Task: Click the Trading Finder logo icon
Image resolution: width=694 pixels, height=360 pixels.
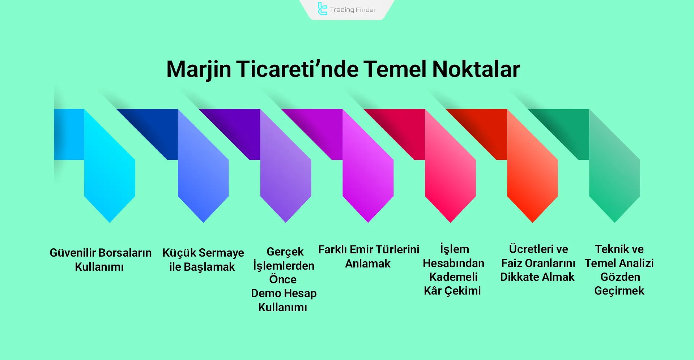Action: click(x=322, y=9)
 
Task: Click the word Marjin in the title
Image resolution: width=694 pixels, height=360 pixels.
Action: click(x=199, y=69)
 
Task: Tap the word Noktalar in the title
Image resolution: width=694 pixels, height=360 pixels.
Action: click(x=476, y=69)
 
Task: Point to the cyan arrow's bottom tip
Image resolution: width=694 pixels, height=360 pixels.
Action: click(x=110, y=221)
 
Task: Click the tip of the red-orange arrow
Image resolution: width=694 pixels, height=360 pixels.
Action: click(x=532, y=221)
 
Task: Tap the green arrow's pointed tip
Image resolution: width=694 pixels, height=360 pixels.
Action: click(x=614, y=221)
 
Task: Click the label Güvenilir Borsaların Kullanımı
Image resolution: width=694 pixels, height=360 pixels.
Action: click(x=100, y=260)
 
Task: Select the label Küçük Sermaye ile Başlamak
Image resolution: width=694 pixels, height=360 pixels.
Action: click(x=203, y=260)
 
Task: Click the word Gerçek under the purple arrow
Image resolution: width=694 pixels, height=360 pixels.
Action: click(x=285, y=252)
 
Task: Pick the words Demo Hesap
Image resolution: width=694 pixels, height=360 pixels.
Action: click(x=284, y=293)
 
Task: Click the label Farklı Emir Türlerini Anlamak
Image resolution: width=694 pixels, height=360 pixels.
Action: click(x=369, y=256)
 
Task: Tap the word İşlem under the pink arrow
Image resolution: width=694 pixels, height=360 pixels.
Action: click(x=455, y=249)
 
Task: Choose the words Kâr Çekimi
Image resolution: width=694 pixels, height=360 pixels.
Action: click(x=452, y=291)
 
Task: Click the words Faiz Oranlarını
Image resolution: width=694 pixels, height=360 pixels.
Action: click(x=538, y=263)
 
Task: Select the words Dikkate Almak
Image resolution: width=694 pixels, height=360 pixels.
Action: click(x=537, y=277)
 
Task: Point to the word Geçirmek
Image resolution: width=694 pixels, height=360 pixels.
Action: click(x=619, y=291)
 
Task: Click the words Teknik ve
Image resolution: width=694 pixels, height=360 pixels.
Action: click(x=619, y=249)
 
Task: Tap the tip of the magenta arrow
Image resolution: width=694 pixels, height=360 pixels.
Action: click(x=368, y=221)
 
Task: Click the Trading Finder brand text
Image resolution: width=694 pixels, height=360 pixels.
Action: click(x=353, y=10)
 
